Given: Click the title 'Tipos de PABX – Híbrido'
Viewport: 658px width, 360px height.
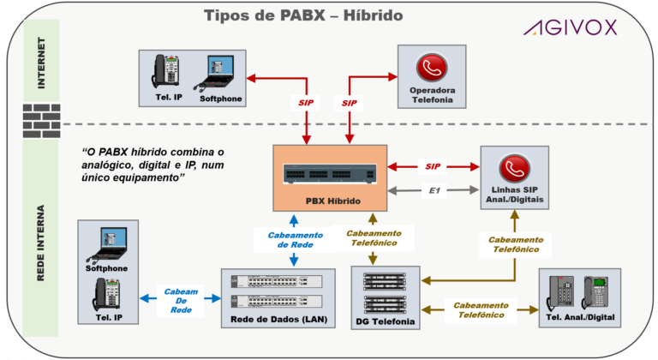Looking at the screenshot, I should coord(303,15).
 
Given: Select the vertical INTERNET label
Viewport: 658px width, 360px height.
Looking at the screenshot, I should coord(41,63).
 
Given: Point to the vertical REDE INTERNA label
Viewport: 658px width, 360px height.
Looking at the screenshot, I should coord(41,243).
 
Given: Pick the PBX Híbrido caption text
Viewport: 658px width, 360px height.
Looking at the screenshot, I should coord(331,201).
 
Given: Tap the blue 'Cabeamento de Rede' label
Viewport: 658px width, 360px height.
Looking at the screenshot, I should coord(295,240).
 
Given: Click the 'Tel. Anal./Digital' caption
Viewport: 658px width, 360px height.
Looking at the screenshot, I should coord(578,319).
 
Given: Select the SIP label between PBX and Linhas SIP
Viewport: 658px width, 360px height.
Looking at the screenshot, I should coord(434,165).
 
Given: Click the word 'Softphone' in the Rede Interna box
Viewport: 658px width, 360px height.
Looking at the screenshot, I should coord(106,268).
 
